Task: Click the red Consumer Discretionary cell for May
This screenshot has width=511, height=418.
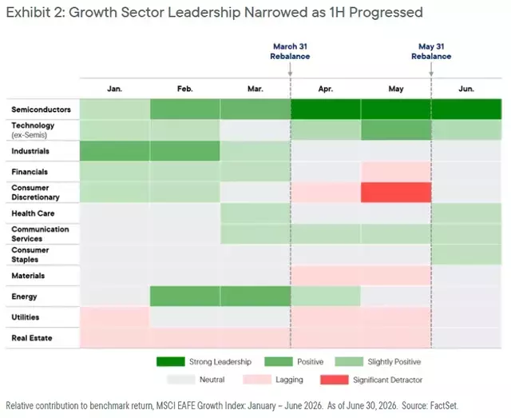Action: pos(396,192)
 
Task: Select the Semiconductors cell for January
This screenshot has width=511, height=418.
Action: pos(115,109)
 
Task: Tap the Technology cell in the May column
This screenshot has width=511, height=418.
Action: pos(396,129)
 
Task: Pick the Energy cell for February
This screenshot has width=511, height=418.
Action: pos(185,297)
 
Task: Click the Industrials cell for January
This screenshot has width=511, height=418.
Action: pos(115,151)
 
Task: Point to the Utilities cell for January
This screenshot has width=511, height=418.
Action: pos(115,317)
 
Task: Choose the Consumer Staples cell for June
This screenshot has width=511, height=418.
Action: pos(466,254)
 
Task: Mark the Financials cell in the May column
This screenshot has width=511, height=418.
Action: pos(396,172)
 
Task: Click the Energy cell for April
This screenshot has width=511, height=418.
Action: pos(326,297)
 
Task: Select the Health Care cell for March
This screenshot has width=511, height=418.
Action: pos(255,213)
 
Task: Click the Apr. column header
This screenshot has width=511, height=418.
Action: pos(326,89)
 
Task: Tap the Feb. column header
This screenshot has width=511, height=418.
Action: pos(185,89)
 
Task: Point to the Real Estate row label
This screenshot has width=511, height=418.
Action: pos(32,338)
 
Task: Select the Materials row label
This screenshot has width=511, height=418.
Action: pos(28,276)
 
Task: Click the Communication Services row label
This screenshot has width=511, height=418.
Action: pos(40,234)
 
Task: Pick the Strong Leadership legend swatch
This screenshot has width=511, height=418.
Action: pos(171,361)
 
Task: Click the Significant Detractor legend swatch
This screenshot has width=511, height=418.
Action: pos(335,380)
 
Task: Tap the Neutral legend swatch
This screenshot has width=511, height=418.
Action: pos(181,380)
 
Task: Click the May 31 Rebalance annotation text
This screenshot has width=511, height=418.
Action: pos(431,52)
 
